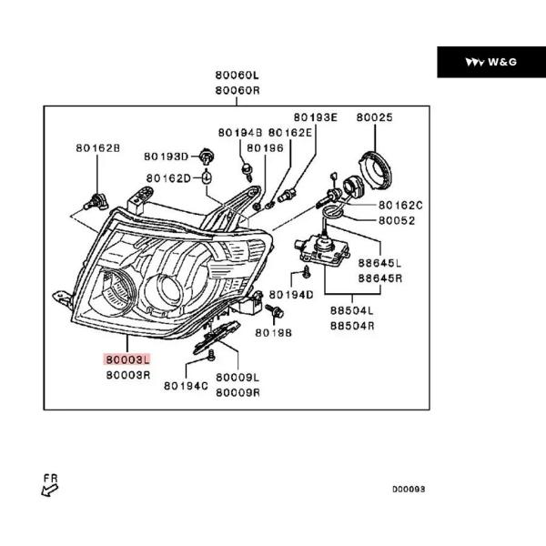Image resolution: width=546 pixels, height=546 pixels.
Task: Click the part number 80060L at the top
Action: coord(238,76)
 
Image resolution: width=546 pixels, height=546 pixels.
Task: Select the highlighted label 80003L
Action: coord(126,360)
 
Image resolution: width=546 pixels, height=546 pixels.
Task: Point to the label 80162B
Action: coord(96,147)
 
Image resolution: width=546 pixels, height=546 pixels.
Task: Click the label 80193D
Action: coord(165,157)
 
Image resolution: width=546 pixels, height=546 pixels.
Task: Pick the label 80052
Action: coord(397,220)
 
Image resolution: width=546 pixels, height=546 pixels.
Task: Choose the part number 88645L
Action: coord(379,263)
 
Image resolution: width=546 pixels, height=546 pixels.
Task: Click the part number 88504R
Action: coord(351,324)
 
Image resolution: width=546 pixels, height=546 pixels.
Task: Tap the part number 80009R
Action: coord(238,393)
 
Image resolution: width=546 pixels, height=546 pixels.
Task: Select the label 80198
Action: coord(273,333)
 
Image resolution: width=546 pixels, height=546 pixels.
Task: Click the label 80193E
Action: coord(315,117)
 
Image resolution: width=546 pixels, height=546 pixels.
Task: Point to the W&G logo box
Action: coord(490,61)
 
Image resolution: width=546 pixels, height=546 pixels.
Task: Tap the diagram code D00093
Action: coord(409,489)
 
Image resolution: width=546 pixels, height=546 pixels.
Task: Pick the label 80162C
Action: coord(401,206)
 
